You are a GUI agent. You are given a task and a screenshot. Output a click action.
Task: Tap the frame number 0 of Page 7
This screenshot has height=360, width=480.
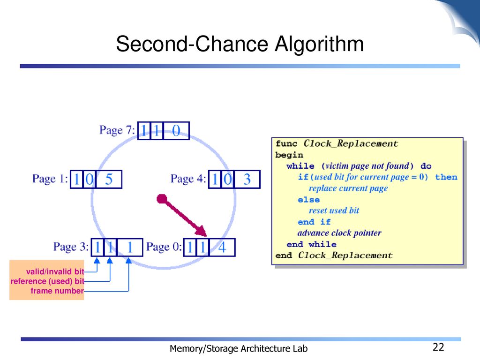click(x=176, y=131)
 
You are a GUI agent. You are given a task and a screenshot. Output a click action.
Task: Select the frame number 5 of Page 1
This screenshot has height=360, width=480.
click(x=109, y=180)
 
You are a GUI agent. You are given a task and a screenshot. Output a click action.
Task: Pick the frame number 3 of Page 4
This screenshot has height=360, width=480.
click(x=247, y=180)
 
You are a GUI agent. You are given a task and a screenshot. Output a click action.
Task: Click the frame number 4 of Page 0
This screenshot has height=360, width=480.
click(x=222, y=247)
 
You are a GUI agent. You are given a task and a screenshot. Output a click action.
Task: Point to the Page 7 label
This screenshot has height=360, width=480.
click(x=117, y=130)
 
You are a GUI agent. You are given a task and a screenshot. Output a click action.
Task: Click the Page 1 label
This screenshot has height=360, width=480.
click(x=50, y=179)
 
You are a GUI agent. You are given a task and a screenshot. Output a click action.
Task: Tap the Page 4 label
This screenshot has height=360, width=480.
click(x=188, y=179)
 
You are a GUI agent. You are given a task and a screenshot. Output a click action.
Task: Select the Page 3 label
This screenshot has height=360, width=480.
click(x=71, y=247)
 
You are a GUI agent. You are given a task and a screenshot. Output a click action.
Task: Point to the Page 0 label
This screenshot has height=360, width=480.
click(x=164, y=247)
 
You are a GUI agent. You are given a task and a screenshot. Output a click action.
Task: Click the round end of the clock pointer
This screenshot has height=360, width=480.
click(x=162, y=199)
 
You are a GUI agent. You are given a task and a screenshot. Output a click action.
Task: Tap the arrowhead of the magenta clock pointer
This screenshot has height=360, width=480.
click(x=201, y=231)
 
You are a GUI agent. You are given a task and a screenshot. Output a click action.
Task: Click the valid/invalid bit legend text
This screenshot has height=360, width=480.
click(x=55, y=271)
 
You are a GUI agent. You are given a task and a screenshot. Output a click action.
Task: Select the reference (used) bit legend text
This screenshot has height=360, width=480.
click(x=47, y=281)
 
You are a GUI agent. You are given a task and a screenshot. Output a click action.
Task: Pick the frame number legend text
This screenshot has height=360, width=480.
click(x=57, y=291)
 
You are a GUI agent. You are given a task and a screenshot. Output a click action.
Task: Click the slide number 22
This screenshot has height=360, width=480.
click(x=438, y=347)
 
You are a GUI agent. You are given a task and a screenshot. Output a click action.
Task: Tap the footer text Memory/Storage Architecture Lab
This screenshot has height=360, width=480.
click(x=239, y=349)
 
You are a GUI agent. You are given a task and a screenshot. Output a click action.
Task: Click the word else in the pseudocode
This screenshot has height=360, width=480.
click(x=308, y=200)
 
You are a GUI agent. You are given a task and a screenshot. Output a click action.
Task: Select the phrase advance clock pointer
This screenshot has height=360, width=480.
click(x=339, y=233)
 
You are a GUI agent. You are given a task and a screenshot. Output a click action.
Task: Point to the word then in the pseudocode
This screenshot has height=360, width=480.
click(x=446, y=177)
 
